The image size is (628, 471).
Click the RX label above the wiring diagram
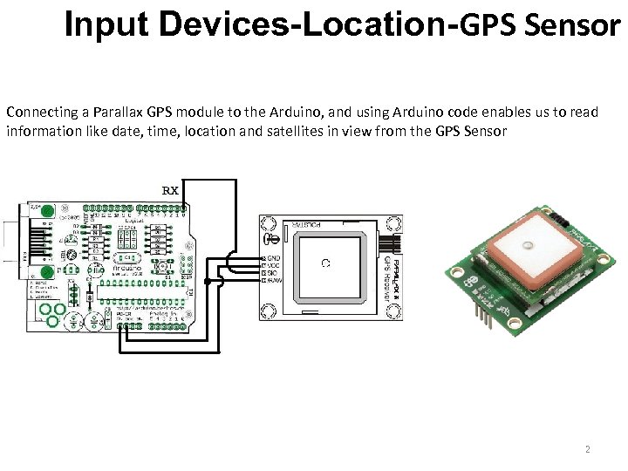tap(171, 189)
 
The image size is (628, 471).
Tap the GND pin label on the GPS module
tap(273, 259)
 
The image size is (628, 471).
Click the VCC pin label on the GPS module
tap(272, 266)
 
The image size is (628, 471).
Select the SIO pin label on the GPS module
tap(272, 273)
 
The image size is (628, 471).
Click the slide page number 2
tap(587, 449)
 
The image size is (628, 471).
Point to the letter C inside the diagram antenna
tap(324, 263)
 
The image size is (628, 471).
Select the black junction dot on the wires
tap(207, 282)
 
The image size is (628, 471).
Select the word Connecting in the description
tap(39, 113)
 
